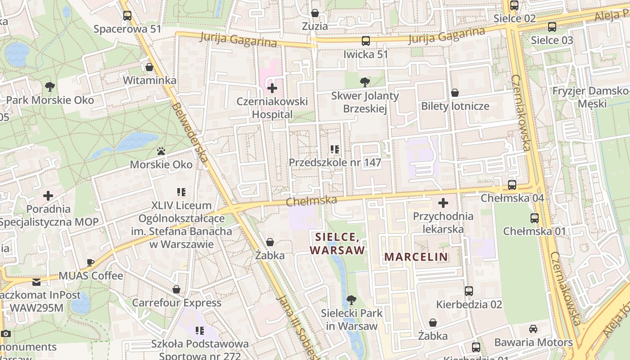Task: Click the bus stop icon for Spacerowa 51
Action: pos(127,16)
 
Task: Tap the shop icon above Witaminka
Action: pos(149,67)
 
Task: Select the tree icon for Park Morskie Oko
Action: pos(50,86)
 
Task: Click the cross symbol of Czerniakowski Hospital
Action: pos(272,88)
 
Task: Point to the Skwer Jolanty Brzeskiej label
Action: pos(365,102)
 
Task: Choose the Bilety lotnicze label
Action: pos(455,107)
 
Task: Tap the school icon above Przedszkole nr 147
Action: pos(334,149)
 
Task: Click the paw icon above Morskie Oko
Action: pos(161,151)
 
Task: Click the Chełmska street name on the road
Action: pos(311,200)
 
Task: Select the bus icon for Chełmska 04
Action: pos(512,184)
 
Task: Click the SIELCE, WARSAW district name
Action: pos(337,243)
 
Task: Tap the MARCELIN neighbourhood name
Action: pos(416,257)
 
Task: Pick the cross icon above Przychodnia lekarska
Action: pos(443,203)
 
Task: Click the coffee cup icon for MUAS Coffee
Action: pos(90,262)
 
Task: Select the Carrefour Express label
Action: pos(176,303)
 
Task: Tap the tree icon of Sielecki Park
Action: pos(351,300)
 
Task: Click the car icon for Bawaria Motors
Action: pos(533,329)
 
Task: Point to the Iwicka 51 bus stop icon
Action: pos(365,41)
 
